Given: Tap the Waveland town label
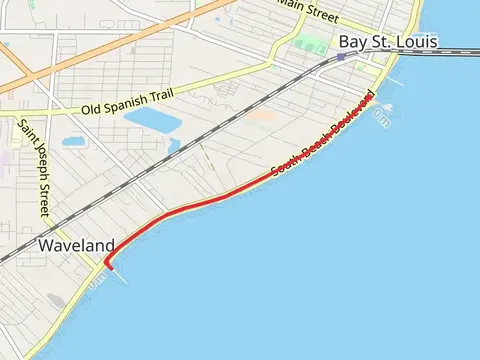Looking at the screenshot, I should tap(76, 245).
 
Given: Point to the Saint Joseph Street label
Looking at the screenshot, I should tap(31, 167).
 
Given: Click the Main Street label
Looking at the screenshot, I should tap(306, 9).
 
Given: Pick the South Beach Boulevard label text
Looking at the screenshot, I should tap(322, 142).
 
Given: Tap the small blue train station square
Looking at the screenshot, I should tap(341, 57).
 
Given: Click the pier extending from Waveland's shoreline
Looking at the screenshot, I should tap(119, 273).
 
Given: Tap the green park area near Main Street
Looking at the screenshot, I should tap(311, 45).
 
